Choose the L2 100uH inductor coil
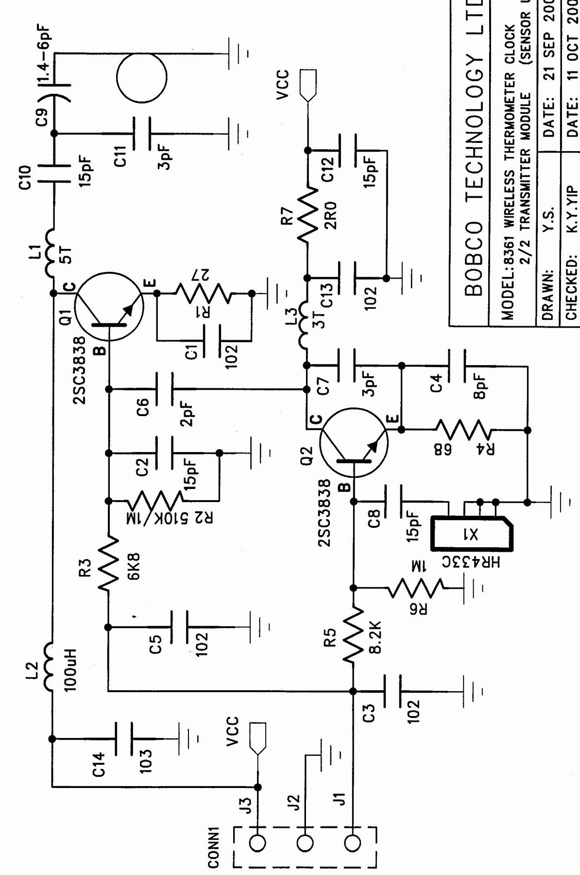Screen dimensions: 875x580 (51, 666)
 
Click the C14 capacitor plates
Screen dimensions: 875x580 (124, 738)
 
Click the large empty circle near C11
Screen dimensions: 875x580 (141, 77)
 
